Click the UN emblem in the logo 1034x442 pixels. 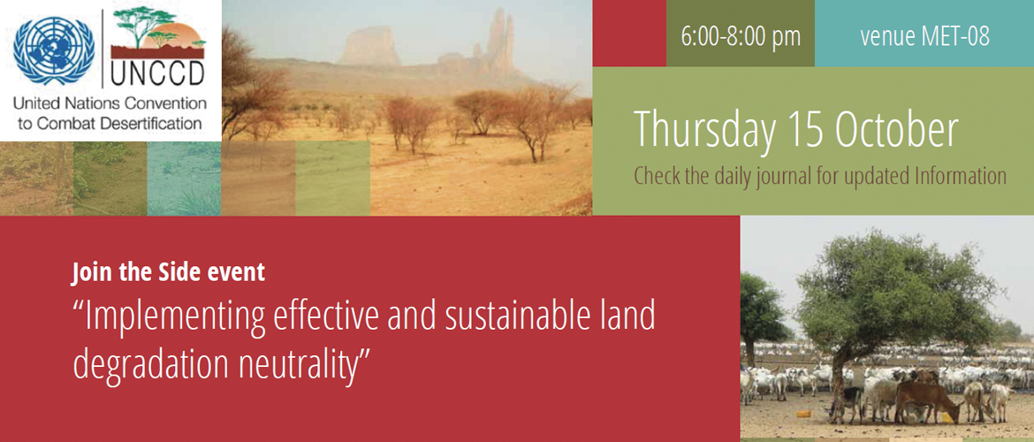(x=53, y=50)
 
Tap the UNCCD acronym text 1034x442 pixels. (x=157, y=74)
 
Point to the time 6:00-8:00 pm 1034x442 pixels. (x=741, y=36)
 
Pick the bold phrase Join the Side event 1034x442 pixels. (x=168, y=271)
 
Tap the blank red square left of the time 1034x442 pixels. (x=629, y=33)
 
